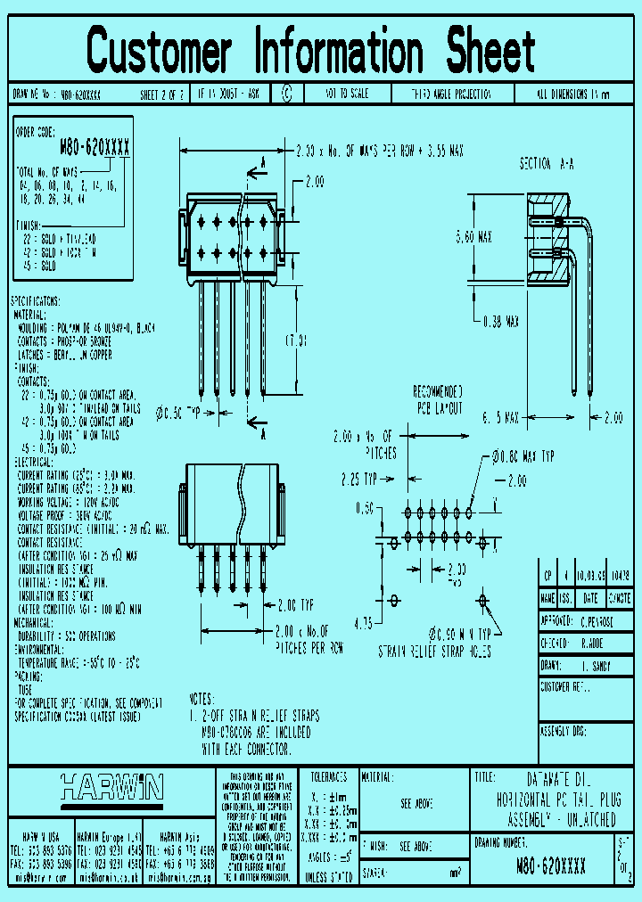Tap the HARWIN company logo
(111, 787)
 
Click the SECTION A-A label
(547, 165)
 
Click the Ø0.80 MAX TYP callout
(523, 456)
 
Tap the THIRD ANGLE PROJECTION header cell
(451, 94)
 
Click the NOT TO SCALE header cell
(347, 94)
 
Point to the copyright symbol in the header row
(286, 94)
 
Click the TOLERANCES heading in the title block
(328, 776)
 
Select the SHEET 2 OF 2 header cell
(161, 94)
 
